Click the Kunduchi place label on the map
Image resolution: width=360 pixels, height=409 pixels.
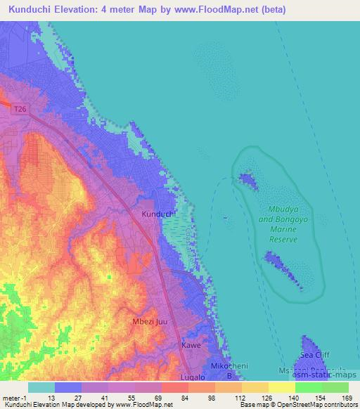(x=158, y=214)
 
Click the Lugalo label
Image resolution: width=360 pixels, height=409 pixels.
(x=193, y=377)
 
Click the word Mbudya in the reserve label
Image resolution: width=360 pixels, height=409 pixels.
(x=285, y=209)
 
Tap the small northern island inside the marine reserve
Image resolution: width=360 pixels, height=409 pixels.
(x=247, y=180)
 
